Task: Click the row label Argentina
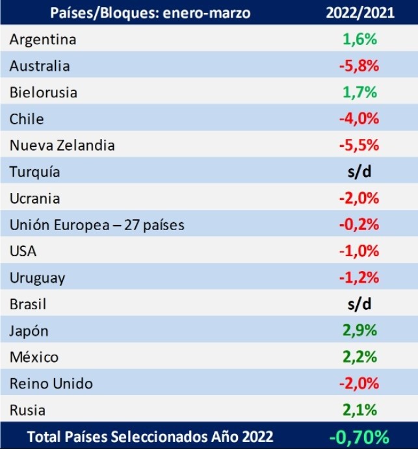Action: pos(43,40)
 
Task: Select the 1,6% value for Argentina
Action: pos(359,40)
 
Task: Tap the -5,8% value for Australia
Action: pos(359,66)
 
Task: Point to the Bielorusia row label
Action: pos(44,93)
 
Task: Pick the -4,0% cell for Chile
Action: pos(359,120)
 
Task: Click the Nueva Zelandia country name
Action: pos(62,146)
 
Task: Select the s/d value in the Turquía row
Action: pos(359,172)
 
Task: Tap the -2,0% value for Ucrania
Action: pos(359,199)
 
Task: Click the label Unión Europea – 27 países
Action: pos(97,225)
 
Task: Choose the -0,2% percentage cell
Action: pos(359,225)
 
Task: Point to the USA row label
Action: pos(23,251)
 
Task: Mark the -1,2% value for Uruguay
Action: pos(359,278)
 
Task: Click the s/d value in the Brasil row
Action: pos(359,304)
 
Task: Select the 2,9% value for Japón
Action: pos(359,331)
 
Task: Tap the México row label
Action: pos(34,357)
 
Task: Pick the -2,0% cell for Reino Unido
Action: pos(359,383)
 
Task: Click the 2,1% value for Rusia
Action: pos(359,410)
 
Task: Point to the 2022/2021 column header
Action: pos(359,12)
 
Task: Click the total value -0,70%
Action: pos(359,437)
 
